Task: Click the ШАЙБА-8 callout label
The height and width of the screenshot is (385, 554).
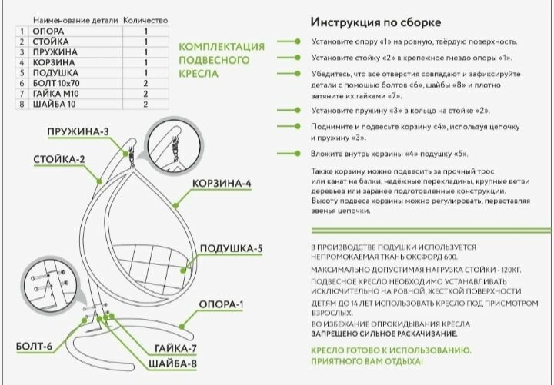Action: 174,363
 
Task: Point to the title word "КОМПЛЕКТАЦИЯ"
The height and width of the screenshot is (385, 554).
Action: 222,47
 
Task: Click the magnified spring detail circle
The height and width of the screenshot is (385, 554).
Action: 176,153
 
